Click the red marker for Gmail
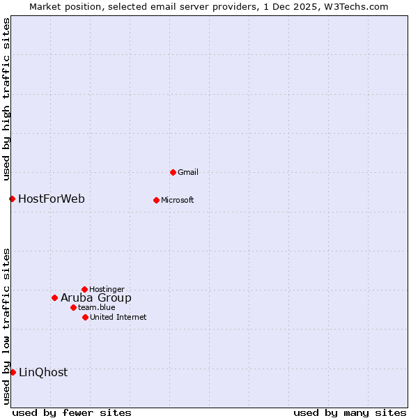173,172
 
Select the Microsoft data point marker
156,200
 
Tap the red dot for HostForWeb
12,199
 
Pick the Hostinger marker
84,289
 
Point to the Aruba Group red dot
54,297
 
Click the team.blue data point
73,307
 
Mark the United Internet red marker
85,317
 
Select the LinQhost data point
13,372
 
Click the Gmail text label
188,172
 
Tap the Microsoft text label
178,200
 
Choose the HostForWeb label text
52,199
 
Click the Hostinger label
107,289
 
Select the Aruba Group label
96,297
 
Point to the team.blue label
97,307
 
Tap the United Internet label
118,317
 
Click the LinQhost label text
43,372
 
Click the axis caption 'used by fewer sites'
72,412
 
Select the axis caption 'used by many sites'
350,412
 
